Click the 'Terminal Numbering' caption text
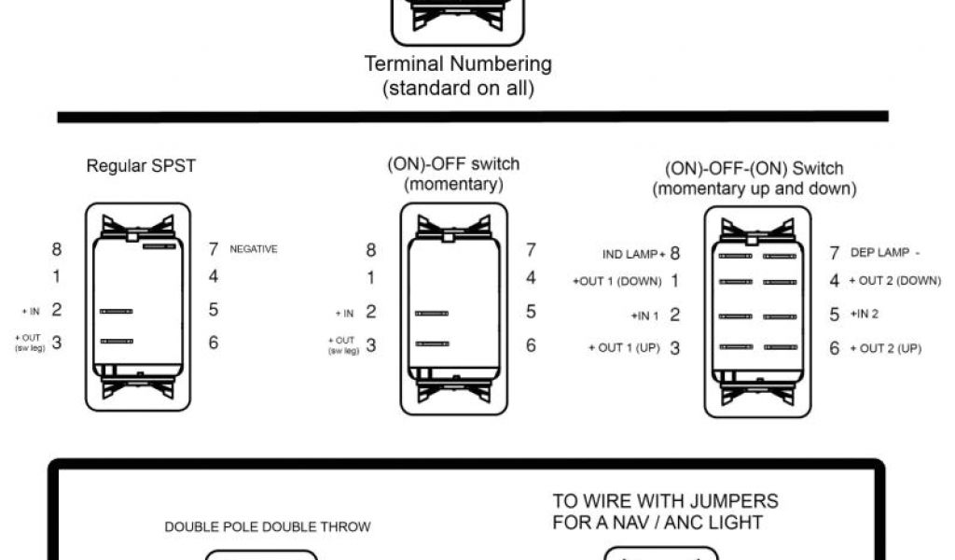pos(458,64)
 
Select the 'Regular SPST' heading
pos(141,166)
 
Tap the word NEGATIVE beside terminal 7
pos(253,249)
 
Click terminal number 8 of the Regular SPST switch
pos(57,249)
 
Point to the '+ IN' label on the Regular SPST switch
pos(30,311)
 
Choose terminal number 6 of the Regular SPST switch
pos(214,343)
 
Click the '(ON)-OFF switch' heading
pos(453,164)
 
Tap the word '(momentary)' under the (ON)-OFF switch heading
pos(453,184)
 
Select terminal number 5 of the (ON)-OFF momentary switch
pos(531,312)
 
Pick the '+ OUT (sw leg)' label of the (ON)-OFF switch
pos(344,345)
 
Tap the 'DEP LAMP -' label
pos(885,253)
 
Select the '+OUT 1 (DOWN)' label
pos(616,281)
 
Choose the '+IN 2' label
pos(864,315)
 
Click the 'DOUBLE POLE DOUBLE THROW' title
pos(268,526)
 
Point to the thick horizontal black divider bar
pos(473,117)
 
